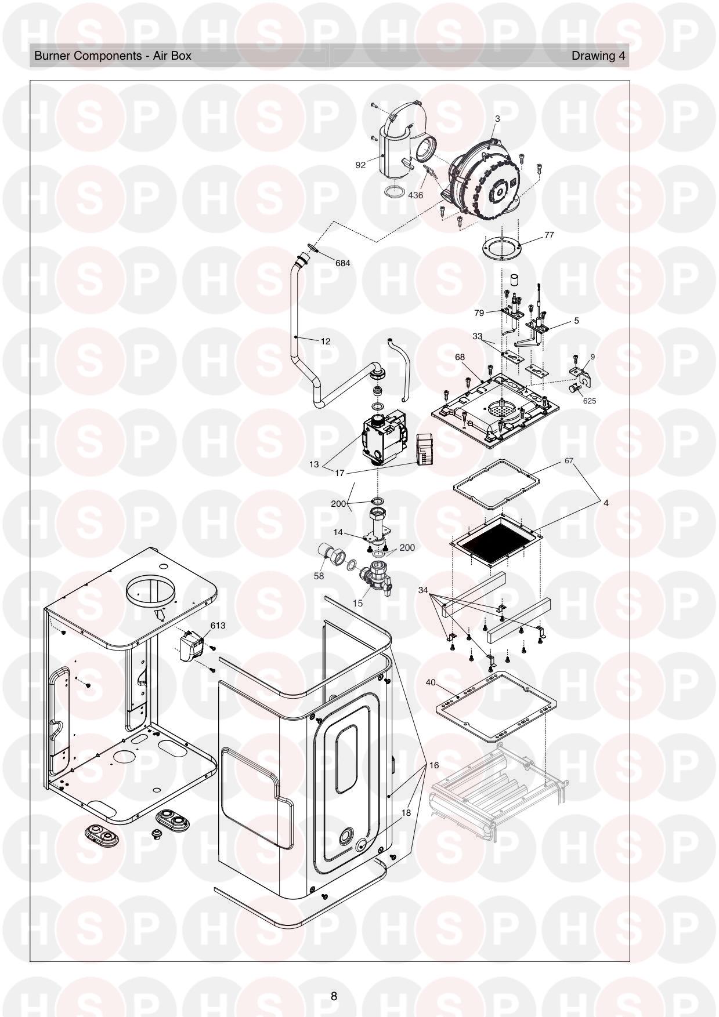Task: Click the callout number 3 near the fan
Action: (x=497, y=118)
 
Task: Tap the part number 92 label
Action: (x=361, y=165)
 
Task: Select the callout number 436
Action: (x=415, y=195)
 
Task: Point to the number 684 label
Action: (x=343, y=263)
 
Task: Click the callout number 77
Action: (x=548, y=235)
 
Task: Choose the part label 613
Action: (x=218, y=626)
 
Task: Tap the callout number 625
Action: (x=590, y=401)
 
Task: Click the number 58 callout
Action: (x=319, y=576)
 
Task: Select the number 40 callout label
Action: (x=431, y=682)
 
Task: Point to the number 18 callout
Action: (x=406, y=813)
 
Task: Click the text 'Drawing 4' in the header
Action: (x=598, y=56)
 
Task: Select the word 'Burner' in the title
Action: (x=52, y=56)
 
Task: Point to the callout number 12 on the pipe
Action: (x=326, y=342)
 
